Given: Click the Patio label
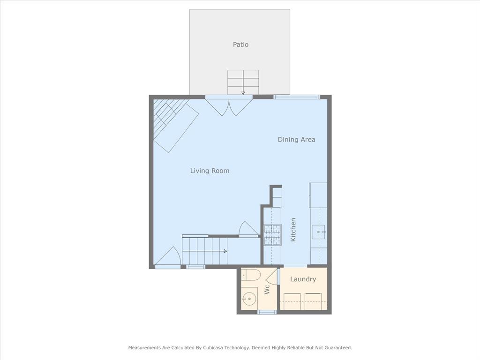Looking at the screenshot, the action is click(x=240, y=45).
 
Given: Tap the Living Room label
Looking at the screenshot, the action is click(x=210, y=171).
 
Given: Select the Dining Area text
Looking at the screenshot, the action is click(x=296, y=140).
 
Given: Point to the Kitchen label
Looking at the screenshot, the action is click(x=293, y=230).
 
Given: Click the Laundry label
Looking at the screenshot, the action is click(x=303, y=279).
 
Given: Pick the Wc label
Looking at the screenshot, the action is click(x=267, y=289).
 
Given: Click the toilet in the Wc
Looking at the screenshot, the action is click(x=250, y=275).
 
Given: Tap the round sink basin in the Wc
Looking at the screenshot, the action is click(x=249, y=299).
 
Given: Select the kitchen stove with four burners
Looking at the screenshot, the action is click(x=272, y=235).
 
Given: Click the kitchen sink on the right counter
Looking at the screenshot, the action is click(x=319, y=232).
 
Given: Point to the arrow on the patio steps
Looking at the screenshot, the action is click(x=243, y=82).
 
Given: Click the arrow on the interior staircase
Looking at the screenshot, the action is click(x=205, y=251).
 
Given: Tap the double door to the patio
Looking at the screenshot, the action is click(x=229, y=105).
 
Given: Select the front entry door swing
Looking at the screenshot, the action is click(x=168, y=256).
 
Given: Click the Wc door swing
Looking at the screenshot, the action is click(x=271, y=277).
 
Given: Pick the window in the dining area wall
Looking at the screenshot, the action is click(x=297, y=97).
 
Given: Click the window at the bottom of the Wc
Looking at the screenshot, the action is click(x=267, y=312).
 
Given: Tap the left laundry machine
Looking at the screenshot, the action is click(x=292, y=301).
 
